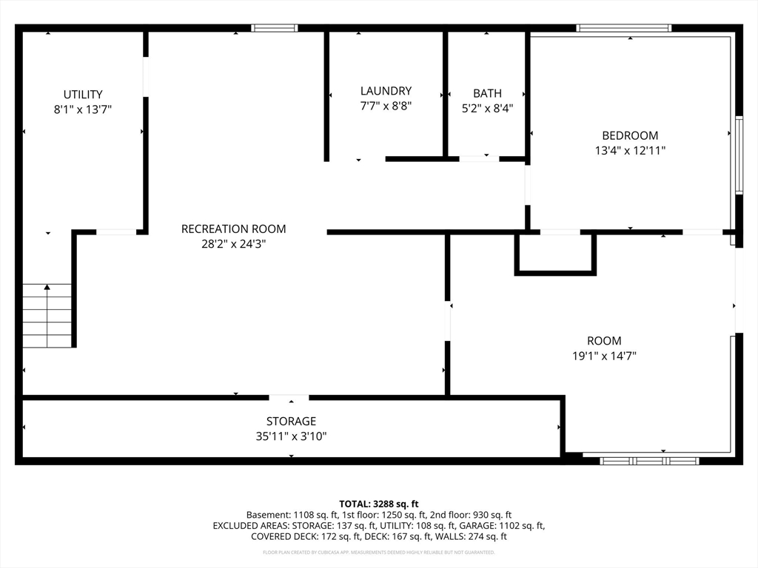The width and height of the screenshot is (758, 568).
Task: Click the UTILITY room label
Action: click(83, 94)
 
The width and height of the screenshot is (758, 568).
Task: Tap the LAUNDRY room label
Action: click(386, 91)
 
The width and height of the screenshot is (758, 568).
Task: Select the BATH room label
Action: click(487, 93)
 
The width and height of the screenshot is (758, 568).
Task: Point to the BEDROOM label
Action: click(630, 135)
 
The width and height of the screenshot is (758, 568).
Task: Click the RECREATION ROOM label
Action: click(233, 229)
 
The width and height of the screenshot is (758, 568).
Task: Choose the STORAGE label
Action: click(291, 421)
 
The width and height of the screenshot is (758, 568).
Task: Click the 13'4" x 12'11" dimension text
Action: click(630, 150)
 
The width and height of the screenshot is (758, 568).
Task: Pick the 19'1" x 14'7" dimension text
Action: click(604, 356)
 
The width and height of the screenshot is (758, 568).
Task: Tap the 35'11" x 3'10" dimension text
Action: click(291, 436)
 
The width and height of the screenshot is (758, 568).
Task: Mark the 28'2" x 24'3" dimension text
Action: click(233, 244)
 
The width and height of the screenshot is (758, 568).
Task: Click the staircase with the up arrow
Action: click(47, 316)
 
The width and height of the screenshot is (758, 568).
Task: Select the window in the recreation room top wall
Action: click(274, 28)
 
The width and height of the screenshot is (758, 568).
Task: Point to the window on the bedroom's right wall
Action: click(739, 155)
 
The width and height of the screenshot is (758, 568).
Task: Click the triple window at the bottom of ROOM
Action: click(649, 461)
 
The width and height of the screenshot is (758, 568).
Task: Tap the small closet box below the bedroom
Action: click(555, 254)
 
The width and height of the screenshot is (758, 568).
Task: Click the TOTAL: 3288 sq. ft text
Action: click(378, 504)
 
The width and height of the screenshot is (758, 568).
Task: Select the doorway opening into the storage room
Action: click(289, 397)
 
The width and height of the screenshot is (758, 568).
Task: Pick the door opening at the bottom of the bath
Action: click(479, 158)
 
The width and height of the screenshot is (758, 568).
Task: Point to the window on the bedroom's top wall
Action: click(623, 28)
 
